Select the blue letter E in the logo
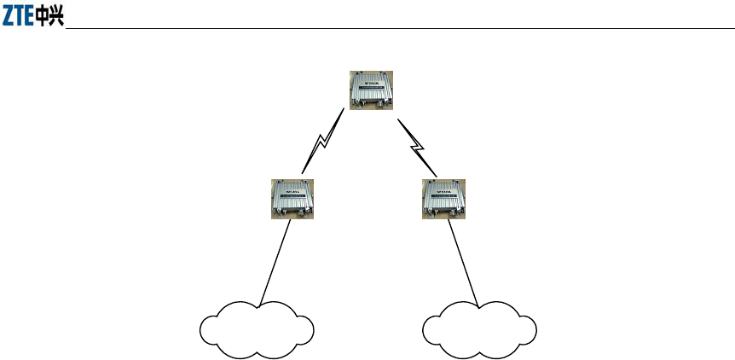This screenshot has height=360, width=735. point(31,18)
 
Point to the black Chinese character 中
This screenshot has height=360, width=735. point(44,18)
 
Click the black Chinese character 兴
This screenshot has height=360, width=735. point(57,18)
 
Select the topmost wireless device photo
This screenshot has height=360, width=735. point(372,89)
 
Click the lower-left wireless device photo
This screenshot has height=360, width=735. point(291,200)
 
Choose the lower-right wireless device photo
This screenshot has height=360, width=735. point(444,200)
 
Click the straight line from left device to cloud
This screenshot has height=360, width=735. point(276,260)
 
